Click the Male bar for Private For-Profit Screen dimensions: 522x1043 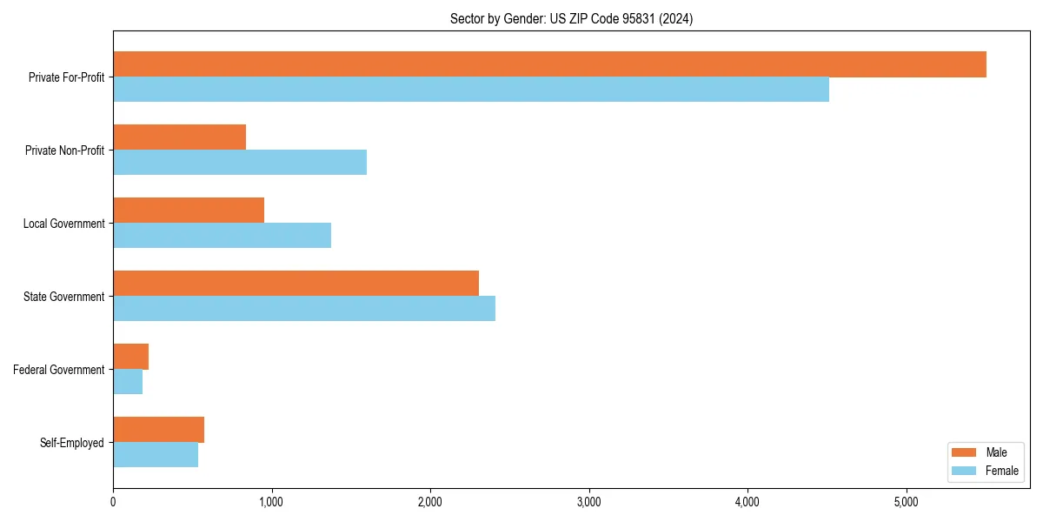[x=549, y=64]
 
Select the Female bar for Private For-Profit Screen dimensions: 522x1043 [x=471, y=90]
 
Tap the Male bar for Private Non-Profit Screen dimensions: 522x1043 [x=179, y=137]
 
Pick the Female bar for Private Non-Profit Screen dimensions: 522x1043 [x=240, y=163]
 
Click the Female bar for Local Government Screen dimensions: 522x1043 [x=222, y=236]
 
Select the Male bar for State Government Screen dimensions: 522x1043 [x=296, y=284]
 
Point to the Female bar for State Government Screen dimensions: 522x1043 [x=304, y=309]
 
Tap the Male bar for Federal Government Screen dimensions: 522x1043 [x=130, y=357]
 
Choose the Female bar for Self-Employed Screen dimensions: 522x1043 [x=156, y=455]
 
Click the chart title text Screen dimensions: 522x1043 [x=571, y=18]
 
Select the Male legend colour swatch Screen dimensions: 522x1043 [x=965, y=452]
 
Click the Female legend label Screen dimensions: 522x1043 [x=1001, y=471]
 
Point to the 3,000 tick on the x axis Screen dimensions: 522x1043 [x=589, y=501]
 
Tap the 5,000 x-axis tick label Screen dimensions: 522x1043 [x=907, y=501]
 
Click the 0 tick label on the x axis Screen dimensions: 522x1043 [x=113, y=501]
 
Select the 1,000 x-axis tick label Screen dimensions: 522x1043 [x=271, y=501]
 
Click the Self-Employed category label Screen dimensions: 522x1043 [x=72, y=443]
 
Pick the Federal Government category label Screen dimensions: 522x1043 [x=59, y=370]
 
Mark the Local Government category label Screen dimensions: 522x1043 [x=64, y=224]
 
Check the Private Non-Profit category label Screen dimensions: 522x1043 [x=65, y=151]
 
